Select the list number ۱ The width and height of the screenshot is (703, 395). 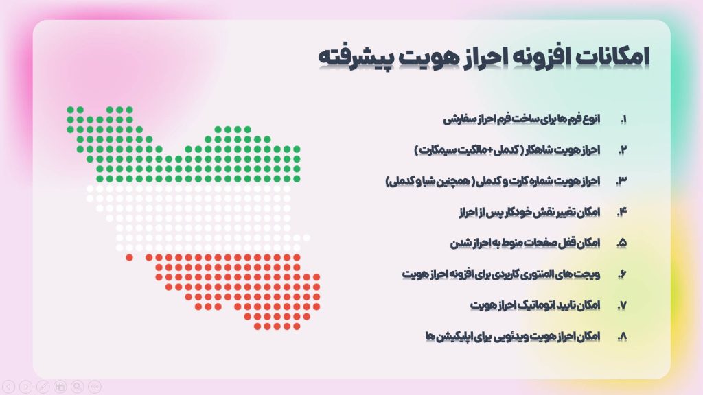(624, 119)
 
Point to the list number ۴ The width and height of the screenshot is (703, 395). (622, 213)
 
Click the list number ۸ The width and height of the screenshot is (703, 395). (622, 337)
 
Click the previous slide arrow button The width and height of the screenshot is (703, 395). (9, 387)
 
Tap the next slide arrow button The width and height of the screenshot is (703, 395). (26, 387)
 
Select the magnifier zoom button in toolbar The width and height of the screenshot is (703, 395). (78, 387)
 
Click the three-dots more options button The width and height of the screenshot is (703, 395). (95, 387)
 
